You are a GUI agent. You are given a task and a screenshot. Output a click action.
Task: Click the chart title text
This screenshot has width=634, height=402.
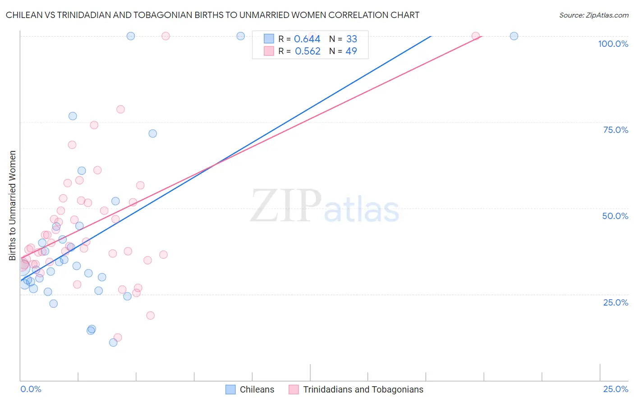212,15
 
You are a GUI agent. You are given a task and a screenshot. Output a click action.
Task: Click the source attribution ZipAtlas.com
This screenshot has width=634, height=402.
593,15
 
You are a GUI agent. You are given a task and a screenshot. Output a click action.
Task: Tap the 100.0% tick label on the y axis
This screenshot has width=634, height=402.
613,44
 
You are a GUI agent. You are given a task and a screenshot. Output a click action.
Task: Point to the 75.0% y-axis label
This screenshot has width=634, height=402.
616,130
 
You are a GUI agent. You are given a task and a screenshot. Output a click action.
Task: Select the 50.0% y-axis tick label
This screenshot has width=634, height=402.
615,216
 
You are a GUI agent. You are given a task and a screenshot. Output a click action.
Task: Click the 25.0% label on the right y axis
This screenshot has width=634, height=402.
616,302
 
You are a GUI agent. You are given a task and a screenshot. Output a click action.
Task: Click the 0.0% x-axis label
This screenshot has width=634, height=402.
31,389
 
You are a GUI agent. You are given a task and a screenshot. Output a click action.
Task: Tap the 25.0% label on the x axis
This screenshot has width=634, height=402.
616,389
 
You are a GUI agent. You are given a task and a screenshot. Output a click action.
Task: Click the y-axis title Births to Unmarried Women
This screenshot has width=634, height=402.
13,206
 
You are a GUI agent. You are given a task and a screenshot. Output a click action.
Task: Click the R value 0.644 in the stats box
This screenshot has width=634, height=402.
307,39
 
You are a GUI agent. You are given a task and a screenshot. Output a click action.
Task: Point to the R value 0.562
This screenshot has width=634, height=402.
308,51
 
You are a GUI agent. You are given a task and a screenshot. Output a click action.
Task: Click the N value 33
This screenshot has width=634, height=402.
352,39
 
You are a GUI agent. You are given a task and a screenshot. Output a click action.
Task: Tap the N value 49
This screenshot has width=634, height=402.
351,51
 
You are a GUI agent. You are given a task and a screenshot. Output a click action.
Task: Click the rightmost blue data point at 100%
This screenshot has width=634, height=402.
514,36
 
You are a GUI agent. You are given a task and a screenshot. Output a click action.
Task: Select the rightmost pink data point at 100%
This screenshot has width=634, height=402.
475,36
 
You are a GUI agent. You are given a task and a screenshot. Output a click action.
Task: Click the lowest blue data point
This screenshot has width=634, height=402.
113,343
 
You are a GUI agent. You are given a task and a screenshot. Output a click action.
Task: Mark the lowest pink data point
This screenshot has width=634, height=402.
118,338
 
